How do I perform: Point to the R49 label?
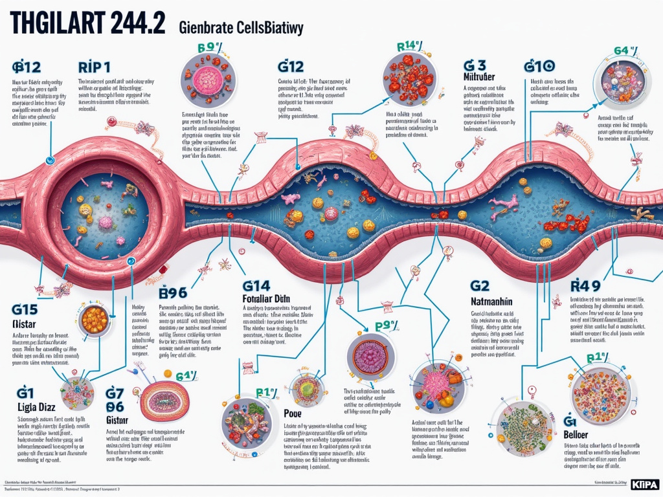click(586, 285)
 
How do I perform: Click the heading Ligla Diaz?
click(36, 407)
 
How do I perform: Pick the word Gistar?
click(119, 419)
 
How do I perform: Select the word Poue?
click(293, 413)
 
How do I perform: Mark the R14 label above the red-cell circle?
click(408, 46)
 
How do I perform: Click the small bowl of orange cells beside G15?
click(95, 320)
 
